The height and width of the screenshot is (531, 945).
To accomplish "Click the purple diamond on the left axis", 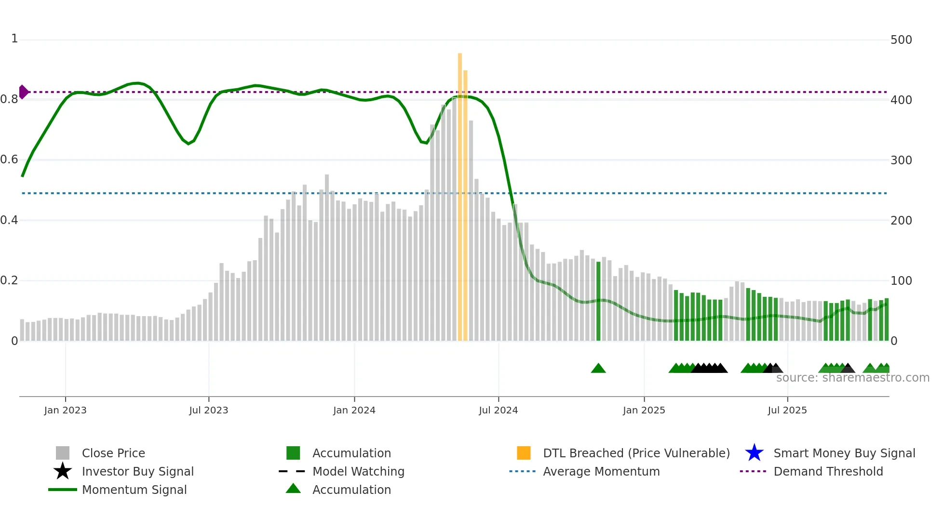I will pyautogui.click(x=24, y=92).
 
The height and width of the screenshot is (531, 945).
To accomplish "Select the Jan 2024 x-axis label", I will pyautogui.click(x=354, y=410).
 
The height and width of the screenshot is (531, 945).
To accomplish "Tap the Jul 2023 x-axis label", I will pyautogui.click(x=208, y=410).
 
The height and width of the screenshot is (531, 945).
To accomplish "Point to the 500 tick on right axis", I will pyautogui.click(x=901, y=40).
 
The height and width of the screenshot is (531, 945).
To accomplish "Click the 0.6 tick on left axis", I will pyautogui.click(x=9, y=159).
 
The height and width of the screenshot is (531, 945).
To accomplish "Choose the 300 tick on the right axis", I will pyautogui.click(x=901, y=160).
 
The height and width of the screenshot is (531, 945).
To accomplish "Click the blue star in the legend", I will pyautogui.click(x=754, y=453).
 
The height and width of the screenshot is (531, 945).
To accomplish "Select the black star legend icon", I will pyautogui.click(x=63, y=471).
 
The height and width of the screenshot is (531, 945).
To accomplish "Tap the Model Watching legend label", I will pyautogui.click(x=358, y=471).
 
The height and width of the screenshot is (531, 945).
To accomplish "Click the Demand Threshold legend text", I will pyautogui.click(x=828, y=471).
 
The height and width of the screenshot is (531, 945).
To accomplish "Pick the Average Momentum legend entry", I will pyautogui.click(x=601, y=471).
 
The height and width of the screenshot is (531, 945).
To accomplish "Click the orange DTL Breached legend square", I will pyautogui.click(x=524, y=453).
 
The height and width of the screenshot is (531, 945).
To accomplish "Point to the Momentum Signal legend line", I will pyautogui.click(x=63, y=490).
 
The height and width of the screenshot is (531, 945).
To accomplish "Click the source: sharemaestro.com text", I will pyautogui.click(x=852, y=378).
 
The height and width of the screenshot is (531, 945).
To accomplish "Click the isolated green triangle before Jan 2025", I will pyautogui.click(x=598, y=369).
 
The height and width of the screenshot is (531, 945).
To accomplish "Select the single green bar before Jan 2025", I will pyautogui.click(x=598, y=301).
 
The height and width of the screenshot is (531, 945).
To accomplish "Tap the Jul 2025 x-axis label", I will pyautogui.click(x=787, y=410).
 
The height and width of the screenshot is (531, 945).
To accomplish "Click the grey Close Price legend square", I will pyautogui.click(x=63, y=453).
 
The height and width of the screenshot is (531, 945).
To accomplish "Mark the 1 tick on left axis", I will pyautogui.click(x=14, y=39).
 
